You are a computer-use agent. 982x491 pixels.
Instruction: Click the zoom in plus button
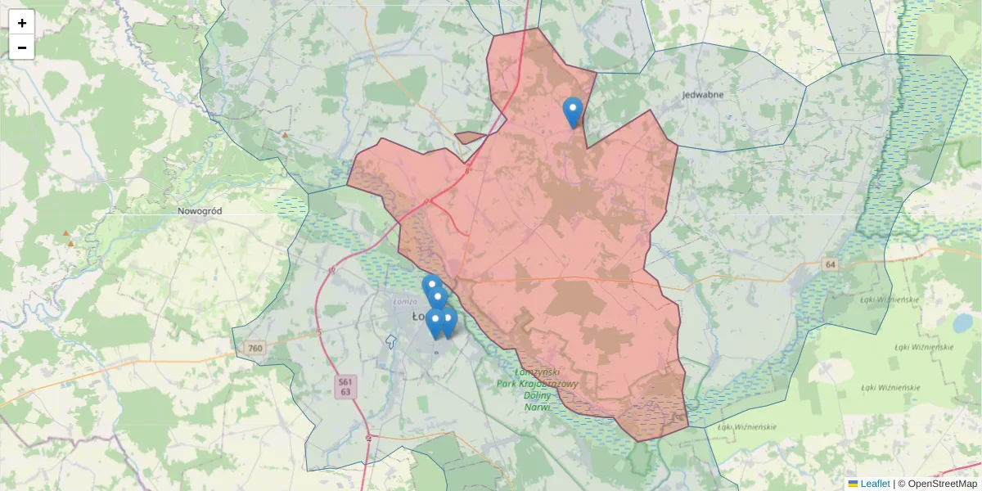point(22,23)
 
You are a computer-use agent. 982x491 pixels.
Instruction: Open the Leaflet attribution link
point(874,484)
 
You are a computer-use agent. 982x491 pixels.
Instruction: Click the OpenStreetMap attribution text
point(937,484)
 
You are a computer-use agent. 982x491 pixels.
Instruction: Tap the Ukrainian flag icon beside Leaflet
point(853,484)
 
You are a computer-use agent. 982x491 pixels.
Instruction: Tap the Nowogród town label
point(200,210)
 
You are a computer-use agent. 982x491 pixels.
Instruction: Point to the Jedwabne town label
point(702,95)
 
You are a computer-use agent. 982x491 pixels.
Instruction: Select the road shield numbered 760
point(255,349)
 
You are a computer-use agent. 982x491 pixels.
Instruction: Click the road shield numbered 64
point(831,264)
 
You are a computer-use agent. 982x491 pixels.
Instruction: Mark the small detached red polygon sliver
point(470,137)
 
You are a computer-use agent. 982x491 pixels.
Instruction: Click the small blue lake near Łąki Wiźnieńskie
point(962,323)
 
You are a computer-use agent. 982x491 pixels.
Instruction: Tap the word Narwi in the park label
point(538,407)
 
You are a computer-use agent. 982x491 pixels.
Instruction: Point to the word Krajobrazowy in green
point(549,384)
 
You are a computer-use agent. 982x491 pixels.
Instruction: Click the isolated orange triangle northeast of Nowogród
point(285,135)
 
